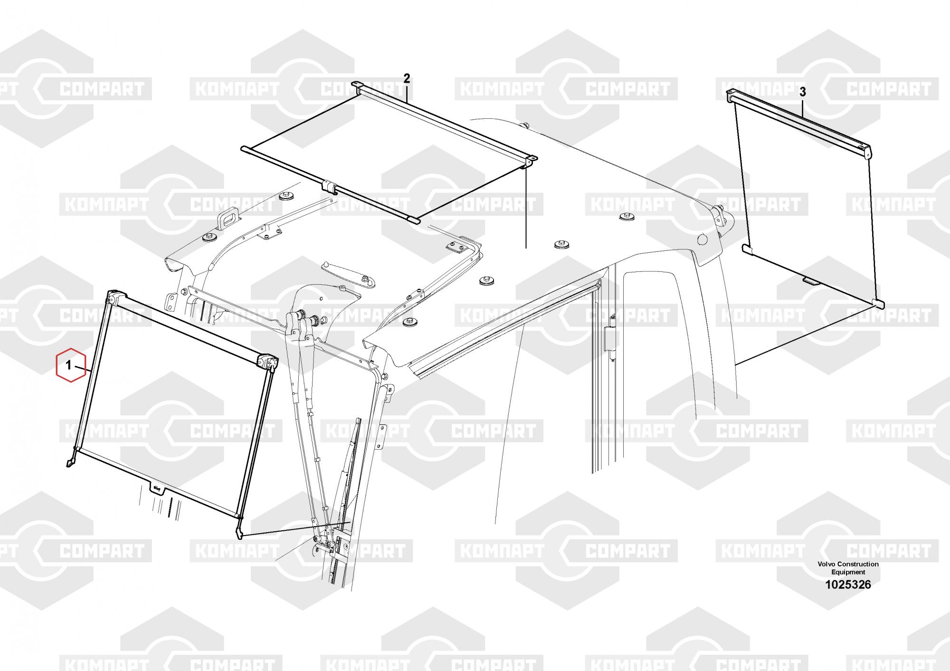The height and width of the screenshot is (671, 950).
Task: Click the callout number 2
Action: pyautogui.click(x=406, y=78)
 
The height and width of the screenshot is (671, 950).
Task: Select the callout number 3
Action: pyautogui.click(x=802, y=92)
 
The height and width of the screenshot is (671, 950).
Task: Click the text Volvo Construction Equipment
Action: pyautogui.click(x=848, y=568)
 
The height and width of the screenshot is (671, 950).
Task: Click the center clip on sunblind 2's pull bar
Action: pyautogui.click(x=330, y=186)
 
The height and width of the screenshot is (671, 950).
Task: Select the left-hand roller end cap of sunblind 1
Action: pyautogui.click(x=113, y=297)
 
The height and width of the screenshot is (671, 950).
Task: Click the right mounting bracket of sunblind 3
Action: pyautogui.click(x=866, y=152)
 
